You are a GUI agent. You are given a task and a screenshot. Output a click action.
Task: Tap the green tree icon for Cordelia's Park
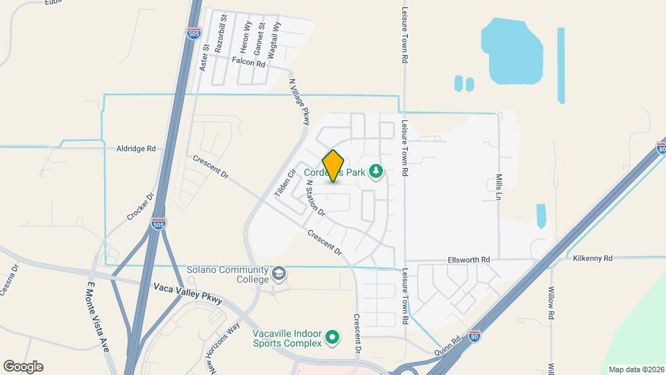[376, 170]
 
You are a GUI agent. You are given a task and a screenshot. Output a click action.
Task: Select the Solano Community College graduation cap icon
[279, 272]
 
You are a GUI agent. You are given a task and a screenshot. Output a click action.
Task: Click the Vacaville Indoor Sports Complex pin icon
[332, 337]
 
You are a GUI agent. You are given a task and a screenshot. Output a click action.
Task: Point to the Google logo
[23, 366]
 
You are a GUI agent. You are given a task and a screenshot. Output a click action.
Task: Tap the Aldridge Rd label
[136, 149]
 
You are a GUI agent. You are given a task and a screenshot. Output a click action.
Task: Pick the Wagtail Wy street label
[277, 35]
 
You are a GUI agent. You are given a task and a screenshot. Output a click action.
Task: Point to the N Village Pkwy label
[298, 102]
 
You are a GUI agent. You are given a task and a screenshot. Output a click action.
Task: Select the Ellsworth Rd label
[468, 259]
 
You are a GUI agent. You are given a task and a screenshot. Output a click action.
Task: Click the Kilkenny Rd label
[592, 258]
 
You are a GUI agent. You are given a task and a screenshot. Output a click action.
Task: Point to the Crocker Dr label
[139, 205]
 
